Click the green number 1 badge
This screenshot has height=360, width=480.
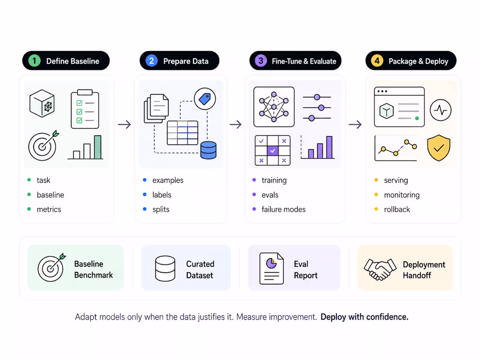tap(34, 61)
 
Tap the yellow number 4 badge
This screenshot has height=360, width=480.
tap(377, 61)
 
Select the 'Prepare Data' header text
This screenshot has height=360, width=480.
tap(186, 61)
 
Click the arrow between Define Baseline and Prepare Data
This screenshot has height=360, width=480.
tap(125, 124)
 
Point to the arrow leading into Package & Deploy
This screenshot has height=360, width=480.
tap(355, 124)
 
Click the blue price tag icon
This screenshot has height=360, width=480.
tap(205, 99)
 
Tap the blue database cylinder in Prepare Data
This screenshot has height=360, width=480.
tap(209, 150)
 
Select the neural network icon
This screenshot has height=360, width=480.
tap(274, 107)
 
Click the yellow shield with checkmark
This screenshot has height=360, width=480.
tap(439, 148)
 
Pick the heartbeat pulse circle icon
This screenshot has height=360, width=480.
tap(441, 110)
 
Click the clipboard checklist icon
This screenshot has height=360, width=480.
tap(85, 109)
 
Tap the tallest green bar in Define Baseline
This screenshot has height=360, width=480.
tap(98, 147)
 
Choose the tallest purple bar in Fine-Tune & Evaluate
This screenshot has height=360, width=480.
tap(329, 147)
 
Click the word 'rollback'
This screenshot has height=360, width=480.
tap(397, 209)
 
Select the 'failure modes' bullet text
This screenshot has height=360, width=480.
tap(284, 209)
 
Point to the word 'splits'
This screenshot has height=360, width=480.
tap(161, 209)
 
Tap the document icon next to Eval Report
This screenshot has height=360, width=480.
tap(271, 268)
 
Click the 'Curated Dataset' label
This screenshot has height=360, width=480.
tap(200, 269)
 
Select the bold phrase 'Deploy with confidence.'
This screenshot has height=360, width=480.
tap(364, 317)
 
